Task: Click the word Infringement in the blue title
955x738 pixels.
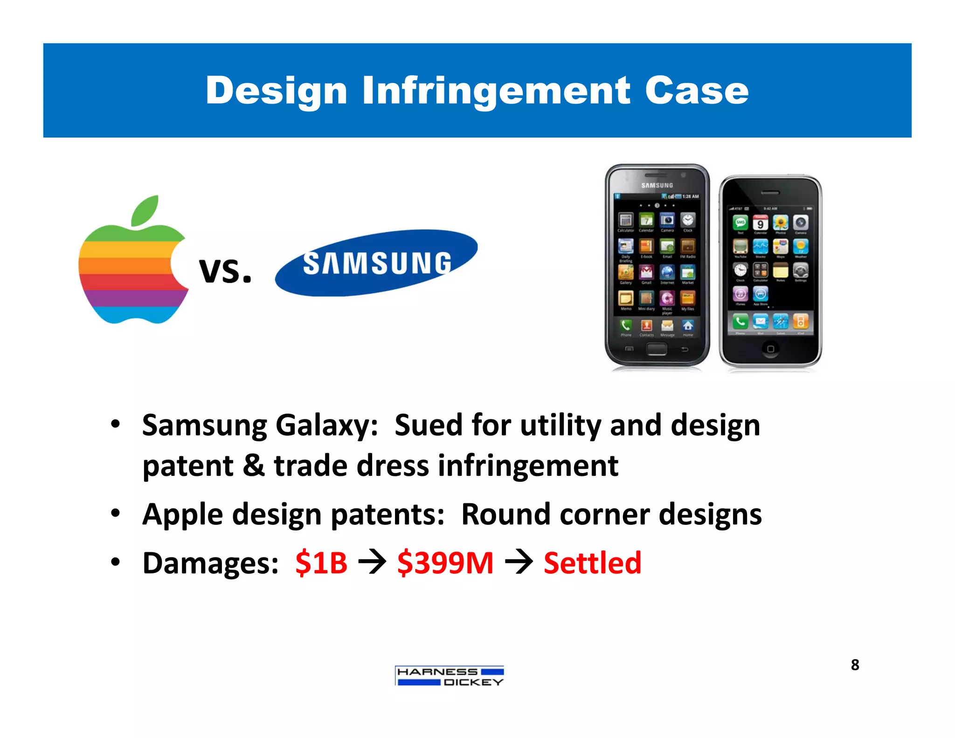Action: click(x=496, y=91)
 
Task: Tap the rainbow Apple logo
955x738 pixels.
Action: click(x=133, y=268)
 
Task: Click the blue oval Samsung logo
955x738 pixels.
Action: click(x=376, y=263)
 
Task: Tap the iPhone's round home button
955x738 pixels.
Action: click(x=770, y=348)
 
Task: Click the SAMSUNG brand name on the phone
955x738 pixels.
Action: click(x=657, y=185)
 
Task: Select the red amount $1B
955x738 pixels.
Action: click(x=321, y=563)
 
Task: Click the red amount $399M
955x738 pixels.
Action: click(x=445, y=563)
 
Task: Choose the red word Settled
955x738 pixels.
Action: click(x=592, y=563)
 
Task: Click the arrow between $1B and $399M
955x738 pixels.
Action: click(x=372, y=563)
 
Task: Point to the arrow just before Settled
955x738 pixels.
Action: click(x=519, y=563)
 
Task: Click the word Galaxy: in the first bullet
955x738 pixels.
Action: click(x=326, y=425)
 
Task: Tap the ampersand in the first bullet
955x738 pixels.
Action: click(x=254, y=466)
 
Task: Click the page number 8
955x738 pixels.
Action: click(x=855, y=664)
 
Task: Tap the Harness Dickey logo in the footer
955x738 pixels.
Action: click(x=450, y=676)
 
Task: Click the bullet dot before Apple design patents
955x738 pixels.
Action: click(x=116, y=514)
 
